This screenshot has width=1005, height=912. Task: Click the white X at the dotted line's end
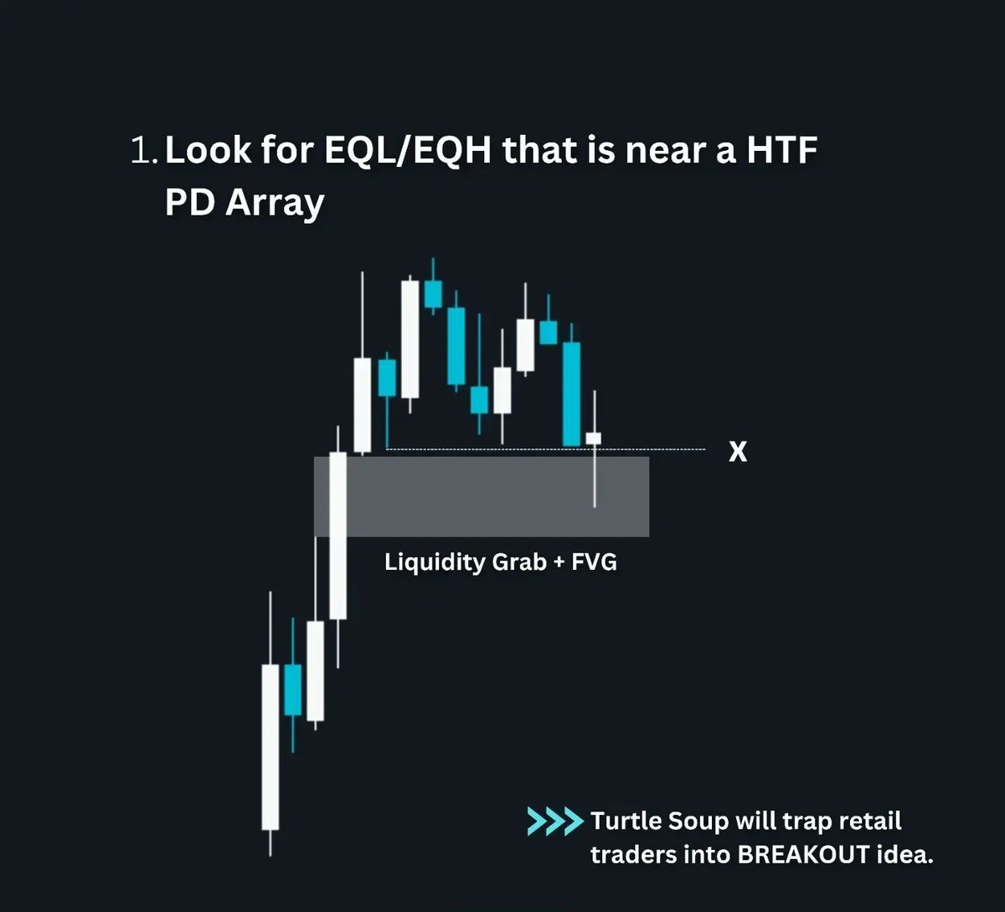click(738, 453)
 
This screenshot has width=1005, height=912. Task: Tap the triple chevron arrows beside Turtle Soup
click(554, 821)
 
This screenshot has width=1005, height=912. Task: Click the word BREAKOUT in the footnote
click(803, 855)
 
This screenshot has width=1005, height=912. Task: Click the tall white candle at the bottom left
click(271, 746)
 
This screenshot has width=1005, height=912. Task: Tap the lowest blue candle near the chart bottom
click(292, 689)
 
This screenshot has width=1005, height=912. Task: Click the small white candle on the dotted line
click(594, 438)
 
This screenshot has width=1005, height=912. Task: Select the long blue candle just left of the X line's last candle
click(571, 393)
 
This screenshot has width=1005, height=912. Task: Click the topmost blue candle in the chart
click(433, 294)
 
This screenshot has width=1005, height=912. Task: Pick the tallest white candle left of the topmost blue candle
click(410, 339)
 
